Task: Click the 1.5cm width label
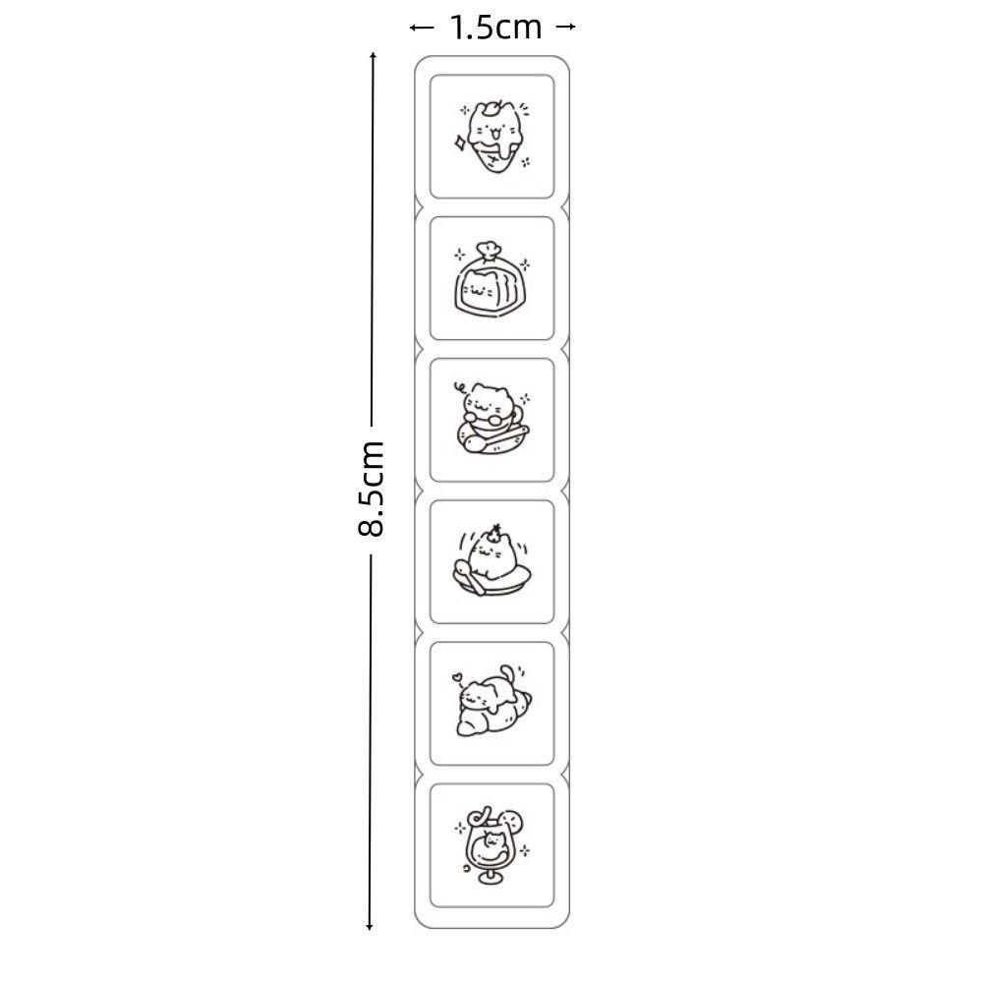pyautogui.click(x=495, y=28)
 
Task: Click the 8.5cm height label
pyautogui.click(x=370, y=489)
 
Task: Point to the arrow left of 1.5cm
pyautogui.click(x=422, y=28)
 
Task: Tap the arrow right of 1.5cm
pyautogui.click(x=566, y=27)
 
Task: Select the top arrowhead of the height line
pyautogui.click(x=373, y=56)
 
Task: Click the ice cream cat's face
pyautogui.click(x=492, y=132)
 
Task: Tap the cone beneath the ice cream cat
pyautogui.click(x=495, y=159)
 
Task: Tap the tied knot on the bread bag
pyautogui.click(x=489, y=250)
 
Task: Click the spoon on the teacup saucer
pyautogui.click(x=495, y=438)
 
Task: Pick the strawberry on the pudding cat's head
pyautogui.click(x=495, y=533)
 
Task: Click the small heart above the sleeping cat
pyautogui.click(x=457, y=677)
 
